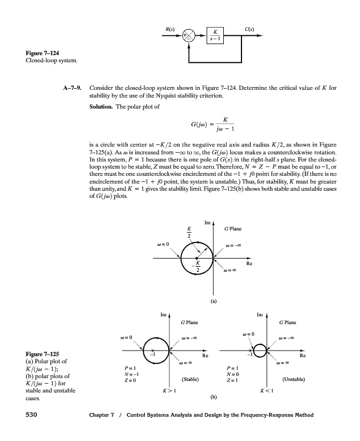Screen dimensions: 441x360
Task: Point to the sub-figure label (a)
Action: click(x=213, y=302)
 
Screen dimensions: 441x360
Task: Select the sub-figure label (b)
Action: click(x=213, y=396)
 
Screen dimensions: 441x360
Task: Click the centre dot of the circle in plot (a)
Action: click(x=197, y=257)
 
